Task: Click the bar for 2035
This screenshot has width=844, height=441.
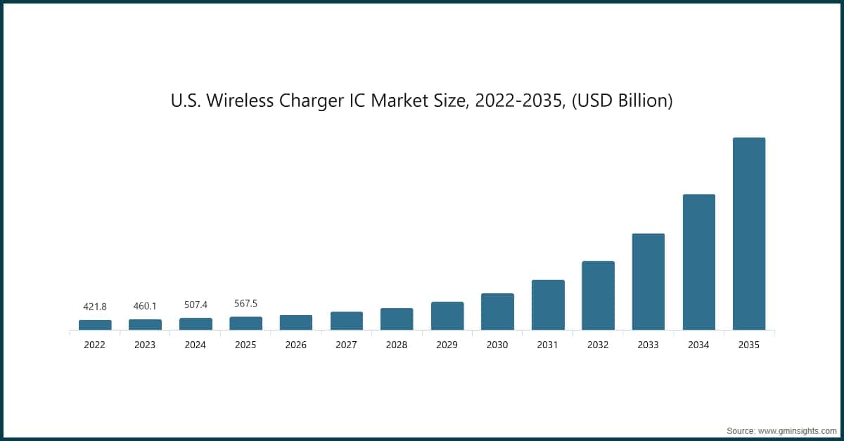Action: point(748,234)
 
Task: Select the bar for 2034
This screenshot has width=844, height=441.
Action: point(698,262)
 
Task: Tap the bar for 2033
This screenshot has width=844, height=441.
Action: point(648,281)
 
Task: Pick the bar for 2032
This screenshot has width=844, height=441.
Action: point(598,295)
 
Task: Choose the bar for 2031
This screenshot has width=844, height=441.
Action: point(548,305)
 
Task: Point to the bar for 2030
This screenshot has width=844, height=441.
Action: point(497,312)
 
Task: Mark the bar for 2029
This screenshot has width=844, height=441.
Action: point(447,316)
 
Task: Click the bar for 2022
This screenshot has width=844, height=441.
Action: point(95,325)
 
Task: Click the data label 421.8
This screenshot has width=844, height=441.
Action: point(95,306)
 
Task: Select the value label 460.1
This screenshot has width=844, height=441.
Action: point(145,306)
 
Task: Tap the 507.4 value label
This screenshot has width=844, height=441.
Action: point(196,305)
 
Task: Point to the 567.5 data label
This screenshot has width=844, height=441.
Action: point(245,304)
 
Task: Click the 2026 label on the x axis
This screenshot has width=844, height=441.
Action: point(296,345)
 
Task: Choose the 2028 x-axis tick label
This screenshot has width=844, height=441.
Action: point(397,345)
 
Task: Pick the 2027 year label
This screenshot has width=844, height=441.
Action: point(346,345)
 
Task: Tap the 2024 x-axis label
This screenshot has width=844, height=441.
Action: point(196,345)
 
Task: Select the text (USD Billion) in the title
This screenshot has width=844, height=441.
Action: point(622,101)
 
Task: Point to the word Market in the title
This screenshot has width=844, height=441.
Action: point(399,101)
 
